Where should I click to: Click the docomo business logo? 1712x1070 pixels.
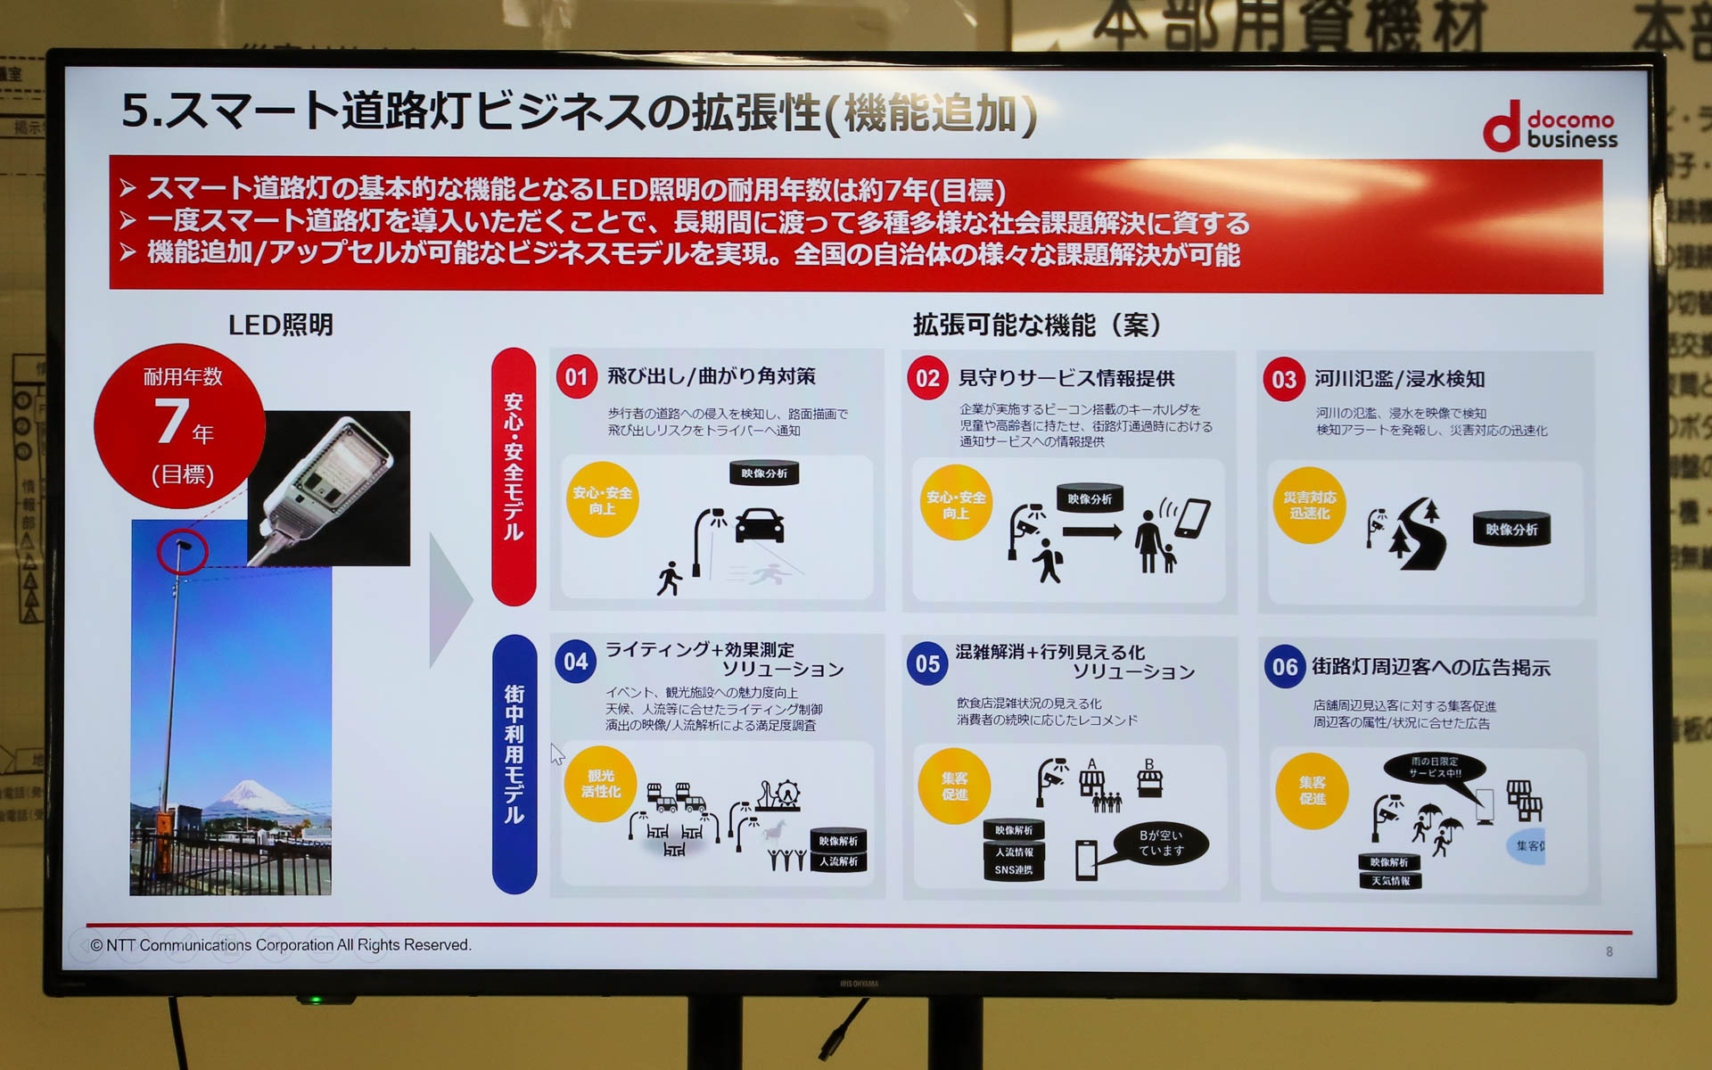click(1550, 128)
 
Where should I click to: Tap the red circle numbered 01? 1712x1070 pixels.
click(576, 377)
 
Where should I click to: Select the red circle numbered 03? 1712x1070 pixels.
click(1283, 380)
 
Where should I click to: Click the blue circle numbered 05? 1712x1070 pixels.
click(927, 664)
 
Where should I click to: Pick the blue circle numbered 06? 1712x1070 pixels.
click(1284, 667)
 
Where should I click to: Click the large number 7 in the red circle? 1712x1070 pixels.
click(172, 422)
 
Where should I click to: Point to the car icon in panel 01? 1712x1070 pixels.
click(760, 525)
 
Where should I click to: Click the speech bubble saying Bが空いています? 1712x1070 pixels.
click(1160, 843)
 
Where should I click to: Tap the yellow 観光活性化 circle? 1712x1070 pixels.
click(600, 784)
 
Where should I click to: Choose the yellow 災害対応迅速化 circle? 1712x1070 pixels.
click(1309, 506)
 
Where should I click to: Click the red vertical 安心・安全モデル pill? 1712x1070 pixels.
click(514, 476)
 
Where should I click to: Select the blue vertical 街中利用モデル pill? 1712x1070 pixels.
click(514, 763)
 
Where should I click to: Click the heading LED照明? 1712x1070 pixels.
click(280, 325)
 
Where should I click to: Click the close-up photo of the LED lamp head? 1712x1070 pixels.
click(330, 488)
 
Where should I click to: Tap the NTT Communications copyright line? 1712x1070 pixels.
click(280, 945)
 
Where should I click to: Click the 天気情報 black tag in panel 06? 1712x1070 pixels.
click(1390, 881)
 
